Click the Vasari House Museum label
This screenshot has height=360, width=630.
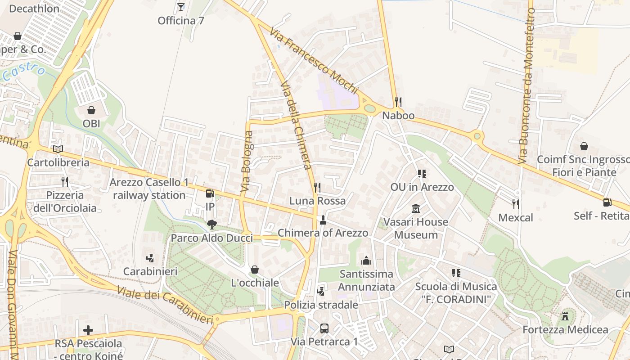(415, 228)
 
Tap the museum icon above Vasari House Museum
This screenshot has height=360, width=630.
(415, 209)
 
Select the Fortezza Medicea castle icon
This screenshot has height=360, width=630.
(565, 316)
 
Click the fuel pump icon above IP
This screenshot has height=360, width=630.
(210, 193)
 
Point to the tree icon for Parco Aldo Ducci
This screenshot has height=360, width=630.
(211, 225)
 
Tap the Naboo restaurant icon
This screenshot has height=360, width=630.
(398, 102)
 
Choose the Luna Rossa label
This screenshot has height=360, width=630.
(317, 201)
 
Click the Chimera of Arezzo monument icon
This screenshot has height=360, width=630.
(323, 220)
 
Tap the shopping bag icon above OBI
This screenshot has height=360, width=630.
(91, 110)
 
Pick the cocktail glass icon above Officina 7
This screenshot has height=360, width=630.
(181, 7)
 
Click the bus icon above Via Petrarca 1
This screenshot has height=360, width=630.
(324, 328)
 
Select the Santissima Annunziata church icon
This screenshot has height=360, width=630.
(366, 261)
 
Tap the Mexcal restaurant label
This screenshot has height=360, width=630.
(516, 218)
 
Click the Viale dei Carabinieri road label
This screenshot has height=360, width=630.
(165, 305)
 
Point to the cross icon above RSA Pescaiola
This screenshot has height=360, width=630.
(88, 330)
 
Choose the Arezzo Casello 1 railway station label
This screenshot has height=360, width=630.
(149, 189)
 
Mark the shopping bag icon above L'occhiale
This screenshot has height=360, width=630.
(255, 270)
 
